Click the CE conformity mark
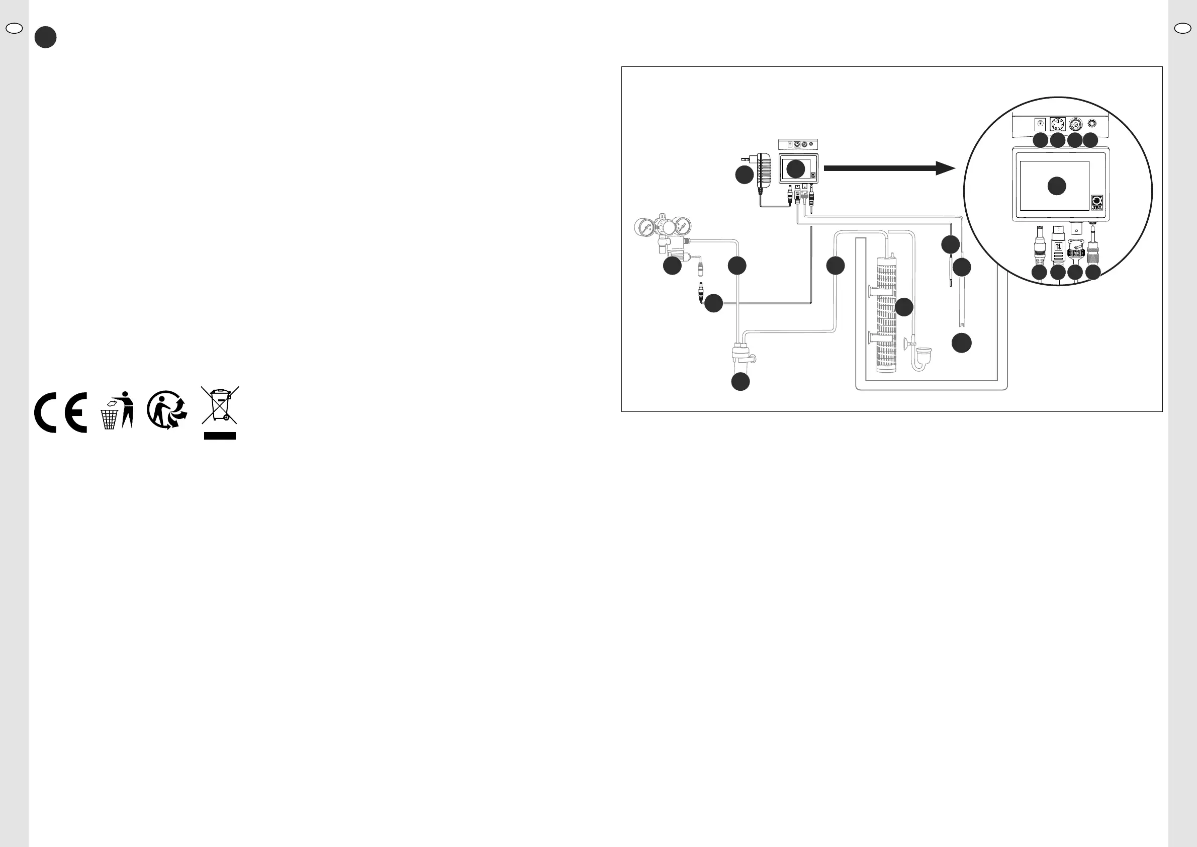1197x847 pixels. (x=60, y=413)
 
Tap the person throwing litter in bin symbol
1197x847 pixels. (x=117, y=411)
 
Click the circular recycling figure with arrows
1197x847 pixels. (x=166, y=410)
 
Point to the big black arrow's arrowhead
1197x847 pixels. (x=945, y=168)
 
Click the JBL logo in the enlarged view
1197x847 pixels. (x=1097, y=202)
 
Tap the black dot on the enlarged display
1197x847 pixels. (x=1057, y=186)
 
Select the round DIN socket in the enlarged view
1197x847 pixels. (x=1057, y=125)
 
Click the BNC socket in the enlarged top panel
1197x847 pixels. (x=1075, y=125)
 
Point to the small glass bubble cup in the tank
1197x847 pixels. (x=924, y=357)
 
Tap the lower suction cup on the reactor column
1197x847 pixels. (x=871, y=338)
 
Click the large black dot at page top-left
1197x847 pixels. (x=45, y=38)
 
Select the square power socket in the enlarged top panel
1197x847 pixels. (x=1040, y=125)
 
